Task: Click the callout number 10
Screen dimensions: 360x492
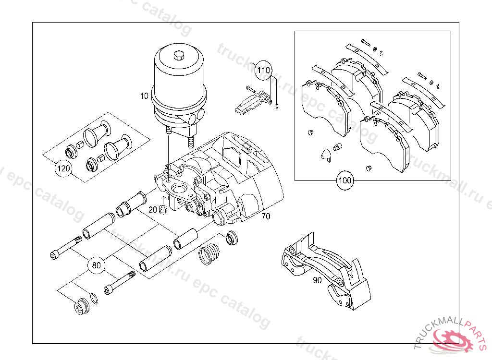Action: coord(145,96)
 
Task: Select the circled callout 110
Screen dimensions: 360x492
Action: coord(263,71)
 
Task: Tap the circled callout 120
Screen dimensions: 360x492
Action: coord(63,168)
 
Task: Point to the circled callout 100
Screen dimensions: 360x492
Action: coord(344,181)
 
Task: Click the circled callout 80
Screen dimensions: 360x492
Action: coord(96,264)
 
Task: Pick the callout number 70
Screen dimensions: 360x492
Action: coord(266,216)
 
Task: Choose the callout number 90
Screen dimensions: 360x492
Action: coord(317,281)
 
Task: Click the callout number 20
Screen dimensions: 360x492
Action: coord(153,209)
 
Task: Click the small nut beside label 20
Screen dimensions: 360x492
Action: coord(163,209)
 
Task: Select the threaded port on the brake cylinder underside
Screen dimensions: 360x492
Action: coord(190,141)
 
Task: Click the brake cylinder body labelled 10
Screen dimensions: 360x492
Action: coord(178,86)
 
